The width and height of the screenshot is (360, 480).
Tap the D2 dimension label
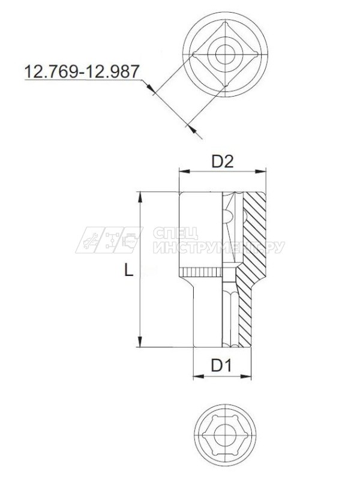point(222,161)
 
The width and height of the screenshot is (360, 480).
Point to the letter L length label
point(128,271)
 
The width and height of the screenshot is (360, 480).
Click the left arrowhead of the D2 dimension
point(182,173)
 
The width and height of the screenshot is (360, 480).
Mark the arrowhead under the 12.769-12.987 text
point(151,91)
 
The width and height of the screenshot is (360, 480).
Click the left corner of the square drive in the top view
point(193,55)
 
